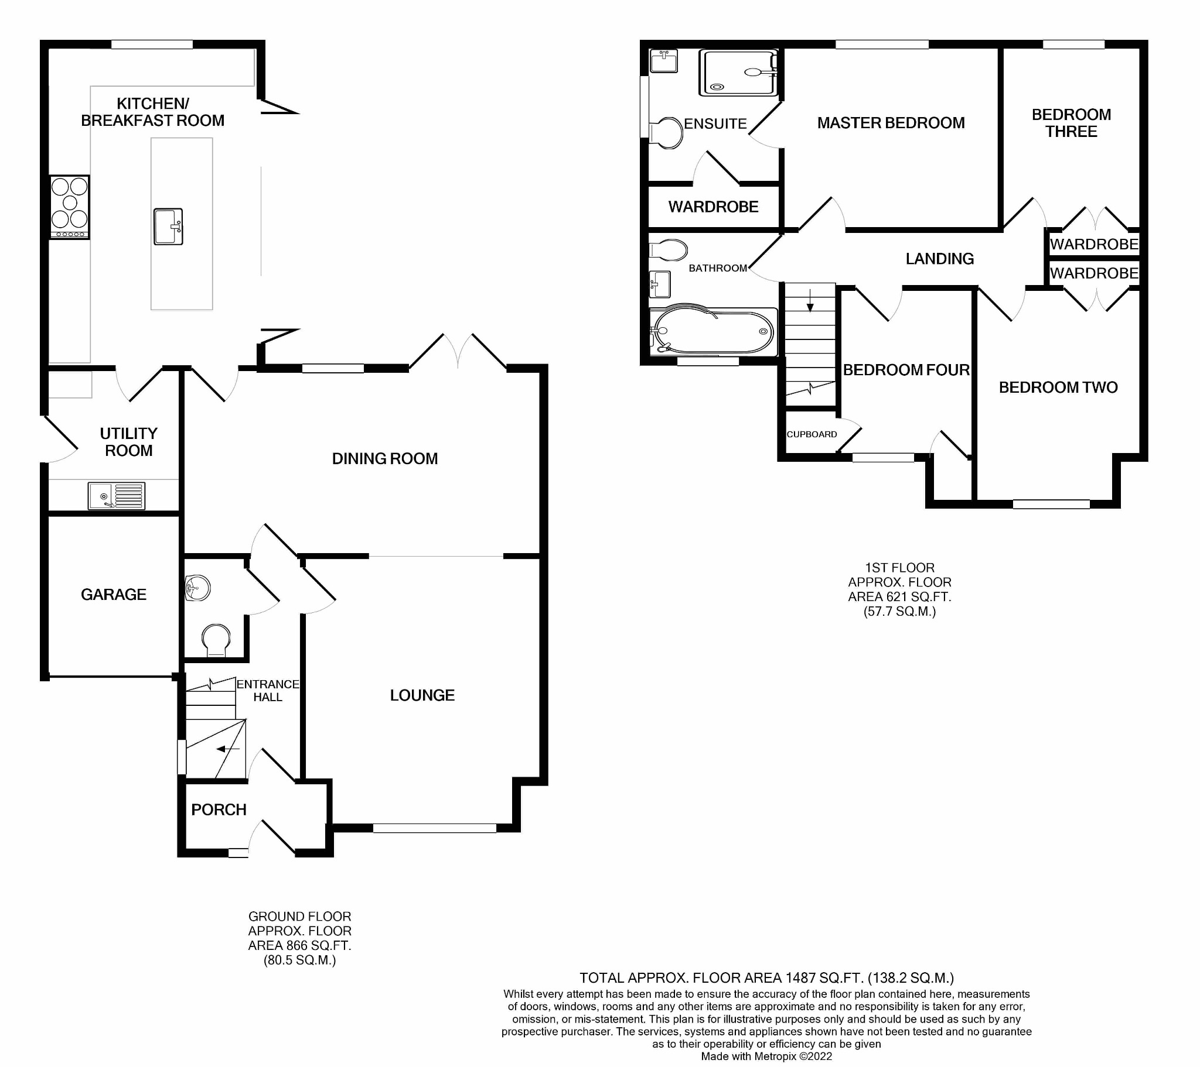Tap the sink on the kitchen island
point(169,226)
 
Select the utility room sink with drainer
point(116,496)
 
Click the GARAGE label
point(113,594)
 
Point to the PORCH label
point(219,809)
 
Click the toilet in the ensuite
point(668,132)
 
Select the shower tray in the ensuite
point(738,73)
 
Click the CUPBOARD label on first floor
point(812,434)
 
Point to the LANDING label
point(939,259)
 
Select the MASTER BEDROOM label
point(891,122)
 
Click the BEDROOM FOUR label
point(906,369)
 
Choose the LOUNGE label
point(422,695)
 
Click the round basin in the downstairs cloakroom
point(197,588)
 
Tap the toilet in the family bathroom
point(669,251)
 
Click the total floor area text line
point(766,978)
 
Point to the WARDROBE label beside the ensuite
point(713,207)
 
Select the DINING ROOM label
point(384,459)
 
